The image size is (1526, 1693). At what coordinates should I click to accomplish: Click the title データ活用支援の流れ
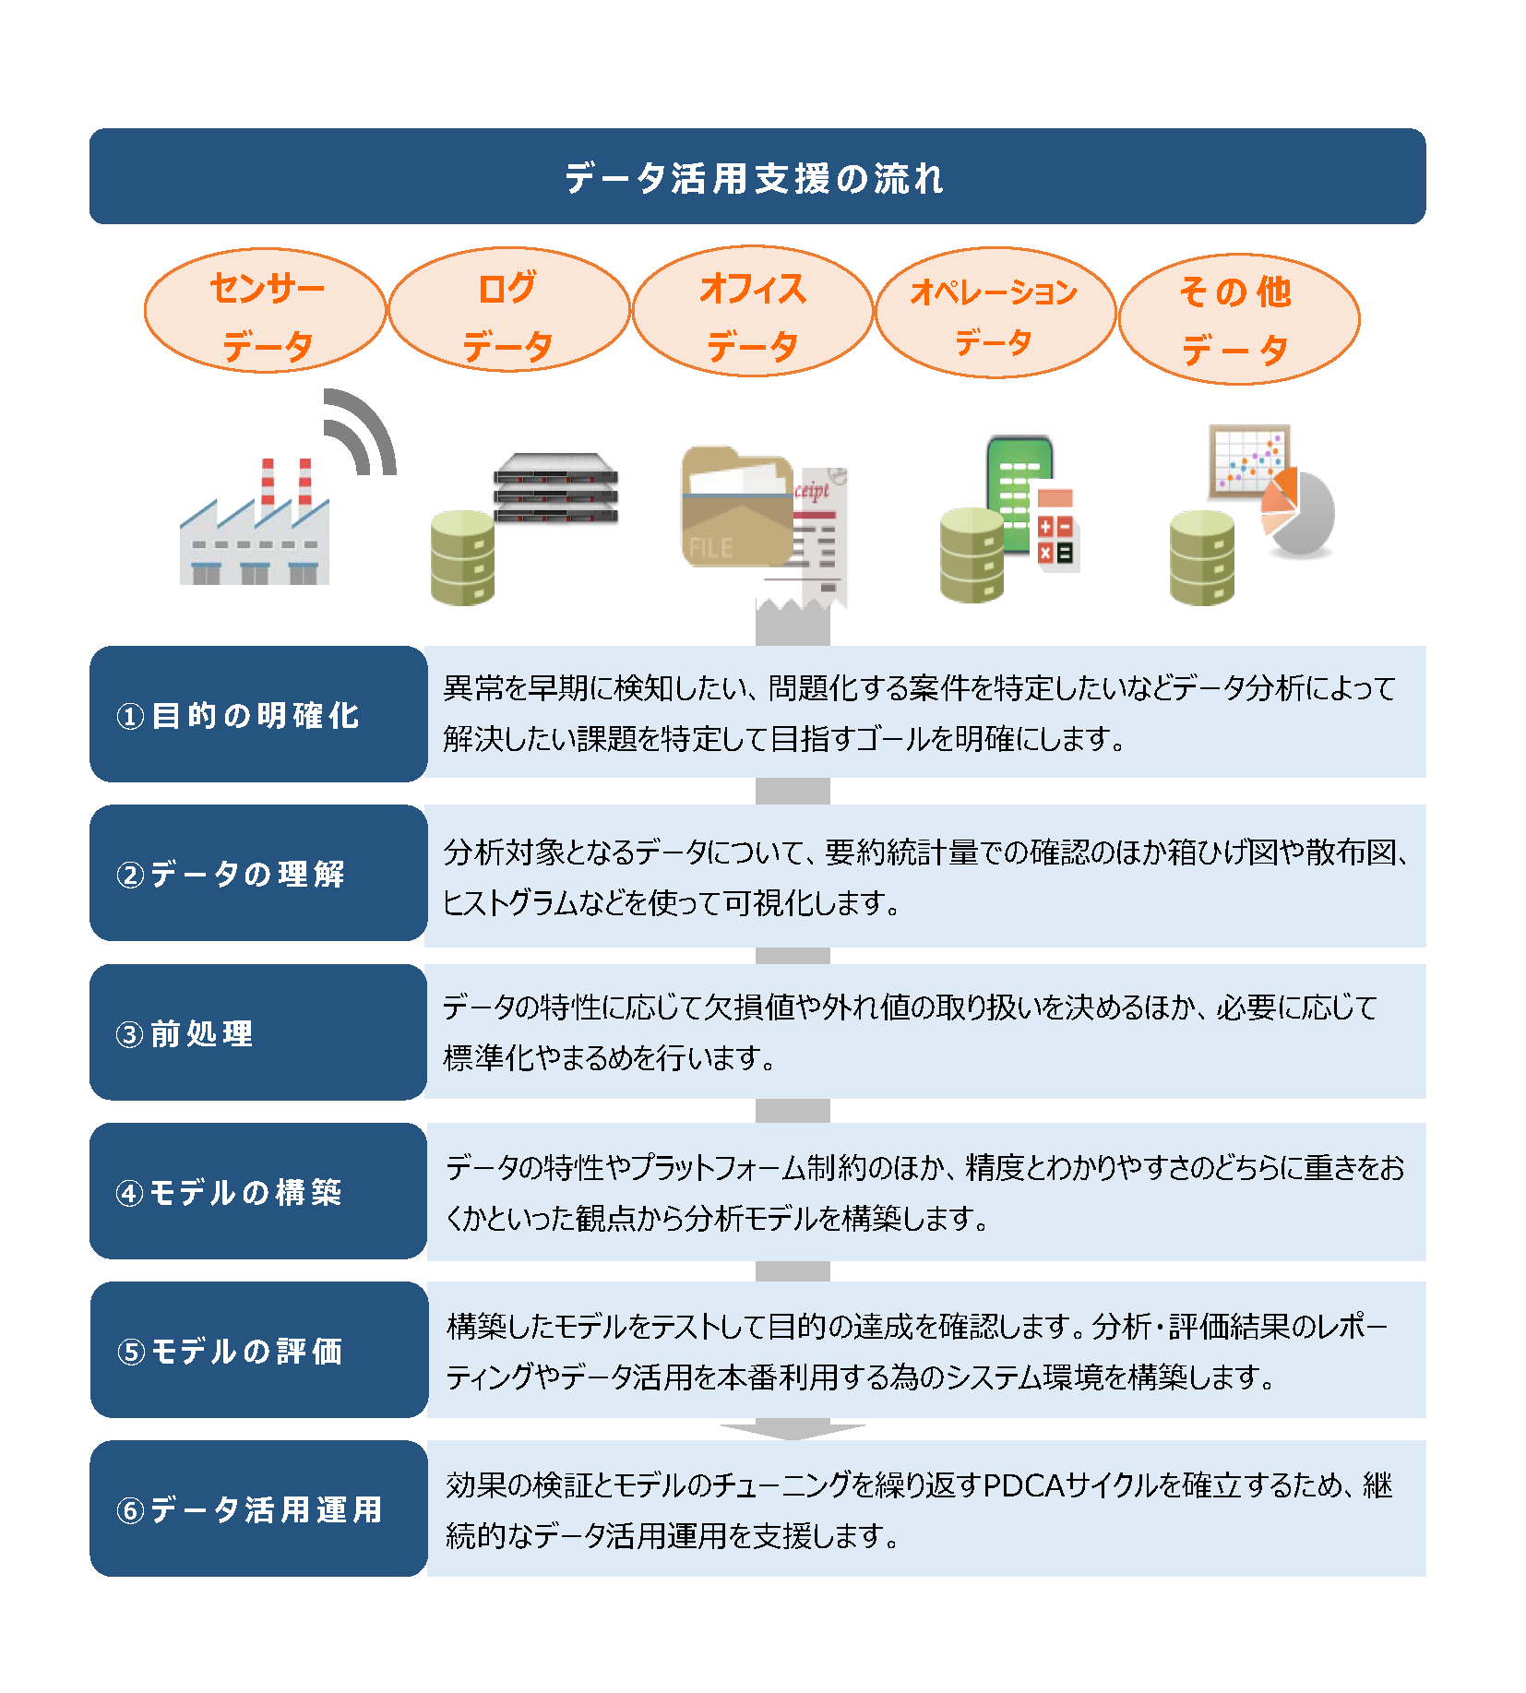[x=755, y=178]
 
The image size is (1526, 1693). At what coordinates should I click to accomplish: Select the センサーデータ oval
[x=266, y=311]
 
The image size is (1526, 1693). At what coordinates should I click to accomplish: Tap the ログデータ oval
[x=509, y=310]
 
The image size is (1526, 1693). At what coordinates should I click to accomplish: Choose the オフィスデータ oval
[x=753, y=311]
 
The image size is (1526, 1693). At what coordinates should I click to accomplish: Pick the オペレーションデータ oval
[x=995, y=313]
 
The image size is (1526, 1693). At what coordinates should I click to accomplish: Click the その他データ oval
[x=1239, y=319]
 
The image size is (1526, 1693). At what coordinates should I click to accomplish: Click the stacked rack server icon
[x=555, y=488]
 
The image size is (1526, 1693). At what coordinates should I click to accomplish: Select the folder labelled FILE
[x=737, y=507]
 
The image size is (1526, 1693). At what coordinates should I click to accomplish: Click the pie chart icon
[x=1297, y=513]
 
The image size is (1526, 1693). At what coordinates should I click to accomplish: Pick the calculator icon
[x=1055, y=530]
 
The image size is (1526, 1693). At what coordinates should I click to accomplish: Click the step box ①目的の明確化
[x=258, y=714]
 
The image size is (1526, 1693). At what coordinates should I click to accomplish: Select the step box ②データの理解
[x=258, y=873]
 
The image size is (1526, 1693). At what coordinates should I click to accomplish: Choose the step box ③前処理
[x=258, y=1032]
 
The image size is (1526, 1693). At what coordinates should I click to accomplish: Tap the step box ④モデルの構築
[x=258, y=1191]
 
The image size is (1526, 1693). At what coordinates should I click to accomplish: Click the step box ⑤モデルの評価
[x=258, y=1350]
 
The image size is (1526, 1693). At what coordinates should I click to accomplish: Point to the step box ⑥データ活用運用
[x=258, y=1508]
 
